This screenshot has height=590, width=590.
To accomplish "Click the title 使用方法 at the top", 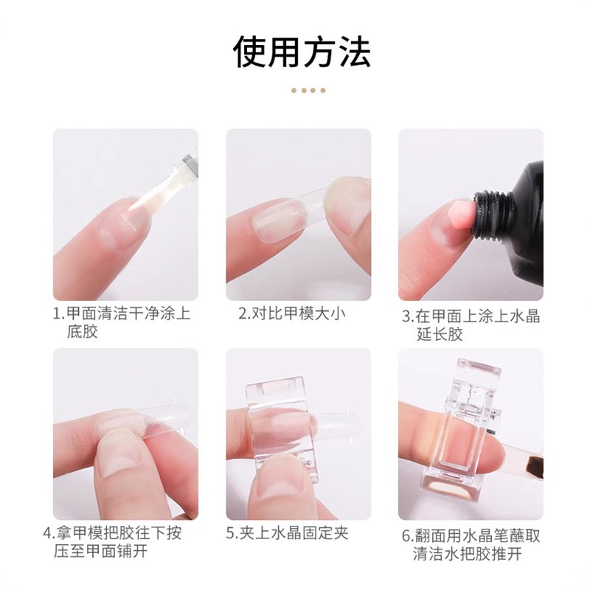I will (x=302, y=52).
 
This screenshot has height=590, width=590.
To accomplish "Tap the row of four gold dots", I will (x=308, y=91).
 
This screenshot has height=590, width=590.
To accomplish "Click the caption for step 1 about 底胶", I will (x=122, y=323).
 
